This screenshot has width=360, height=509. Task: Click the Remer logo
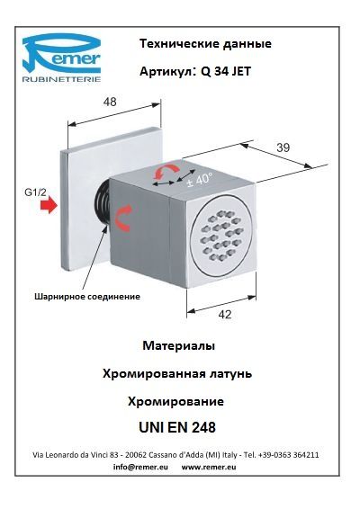tap(61, 58)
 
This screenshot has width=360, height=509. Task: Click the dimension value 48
tap(110, 102)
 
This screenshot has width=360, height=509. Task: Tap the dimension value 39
tap(283, 147)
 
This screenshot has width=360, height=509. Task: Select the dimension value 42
tap(225, 314)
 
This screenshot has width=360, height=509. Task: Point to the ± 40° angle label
tap(200, 179)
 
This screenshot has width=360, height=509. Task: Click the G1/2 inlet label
tap(36, 192)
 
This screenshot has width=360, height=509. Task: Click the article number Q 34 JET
tap(226, 71)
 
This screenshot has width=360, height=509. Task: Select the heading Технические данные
tap(205, 43)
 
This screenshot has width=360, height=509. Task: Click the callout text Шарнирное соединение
tap(87, 296)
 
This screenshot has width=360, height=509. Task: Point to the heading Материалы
tap(179, 345)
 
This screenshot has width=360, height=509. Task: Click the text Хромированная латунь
tap(177, 373)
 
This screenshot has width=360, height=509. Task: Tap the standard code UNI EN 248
tap(177, 427)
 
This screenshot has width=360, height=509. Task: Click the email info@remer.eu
tap(140, 467)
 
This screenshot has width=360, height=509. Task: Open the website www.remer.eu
tap(209, 467)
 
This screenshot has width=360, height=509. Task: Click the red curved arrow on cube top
tap(166, 171)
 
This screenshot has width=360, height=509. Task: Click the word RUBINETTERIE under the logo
tap(61, 79)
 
